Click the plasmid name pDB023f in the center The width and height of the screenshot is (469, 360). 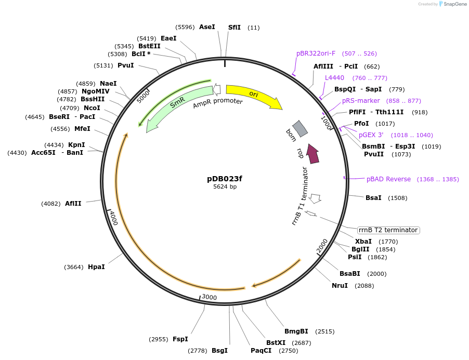click(x=225, y=179)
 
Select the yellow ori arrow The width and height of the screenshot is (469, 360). click(x=253, y=95)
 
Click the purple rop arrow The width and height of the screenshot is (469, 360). click(x=312, y=153)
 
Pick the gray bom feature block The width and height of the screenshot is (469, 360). click(x=301, y=129)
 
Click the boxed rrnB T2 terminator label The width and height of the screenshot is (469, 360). click(x=388, y=230)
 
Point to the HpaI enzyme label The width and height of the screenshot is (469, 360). click(x=96, y=267)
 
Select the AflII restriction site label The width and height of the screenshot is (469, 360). click(x=73, y=204)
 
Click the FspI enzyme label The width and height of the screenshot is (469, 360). click(x=180, y=339)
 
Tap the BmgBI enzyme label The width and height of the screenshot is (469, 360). click(x=296, y=331)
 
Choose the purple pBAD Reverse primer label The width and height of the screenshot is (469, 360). click(x=388, y=179)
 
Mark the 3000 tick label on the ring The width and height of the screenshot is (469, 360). click(x=209, y=297)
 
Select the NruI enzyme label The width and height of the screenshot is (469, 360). click(x=340, y=286)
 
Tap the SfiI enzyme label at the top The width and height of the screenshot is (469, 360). click(x=234, y=27)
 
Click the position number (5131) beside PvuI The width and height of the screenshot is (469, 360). click(x=103, y=65)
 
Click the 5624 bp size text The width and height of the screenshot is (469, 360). click(x=225, y=187)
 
